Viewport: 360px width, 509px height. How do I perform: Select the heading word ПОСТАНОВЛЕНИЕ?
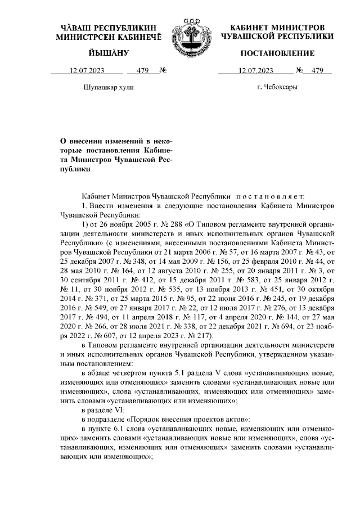point(277,53)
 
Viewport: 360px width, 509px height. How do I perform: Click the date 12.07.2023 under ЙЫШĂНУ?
point(87,71)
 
